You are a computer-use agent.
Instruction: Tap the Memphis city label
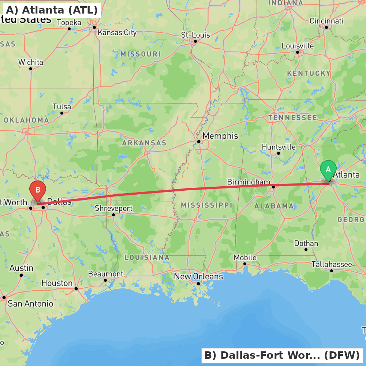(220, 136)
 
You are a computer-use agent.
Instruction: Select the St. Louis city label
(195, 35)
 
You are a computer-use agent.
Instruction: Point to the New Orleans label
(198, 276)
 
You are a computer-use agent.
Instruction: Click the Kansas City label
(117, 33)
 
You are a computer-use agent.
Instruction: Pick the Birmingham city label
(249, 182)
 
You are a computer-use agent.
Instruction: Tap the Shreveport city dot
(113, 215)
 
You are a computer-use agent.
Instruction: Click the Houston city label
(57, 283)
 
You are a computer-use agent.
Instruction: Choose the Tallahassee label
(332, 264)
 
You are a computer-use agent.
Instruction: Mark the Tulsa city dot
(62, 113)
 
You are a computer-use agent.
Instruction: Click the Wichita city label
(31, 62)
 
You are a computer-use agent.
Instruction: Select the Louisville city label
(298, 46)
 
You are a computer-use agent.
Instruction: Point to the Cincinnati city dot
(326, 27)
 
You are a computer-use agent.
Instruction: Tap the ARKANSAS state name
(144, 143)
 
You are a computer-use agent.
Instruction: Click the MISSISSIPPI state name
(206, 205)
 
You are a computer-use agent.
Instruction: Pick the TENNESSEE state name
(292, 118)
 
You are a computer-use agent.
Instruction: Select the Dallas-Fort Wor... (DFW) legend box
(282, 355)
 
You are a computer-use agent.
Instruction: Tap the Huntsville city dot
(279, 153)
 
